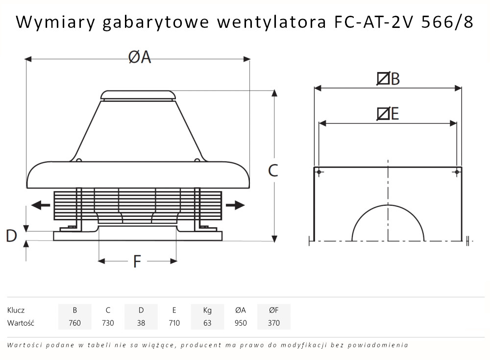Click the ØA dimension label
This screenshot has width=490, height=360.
pyautogui.click(x=140, y=58)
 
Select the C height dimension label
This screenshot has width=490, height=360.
pyautogui.click(x=273, y=170)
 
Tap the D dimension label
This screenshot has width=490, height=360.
pyautogui.click(x=11, y=236)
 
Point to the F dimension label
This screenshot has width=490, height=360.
pyautogui.click(x=137, y=262)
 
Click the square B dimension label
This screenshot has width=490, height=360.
pyautogui.click(x=388, y=79)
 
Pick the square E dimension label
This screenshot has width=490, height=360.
pyautogui.click(x=388, y=114)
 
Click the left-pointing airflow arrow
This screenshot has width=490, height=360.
pyautogui.click(x=40, y=205)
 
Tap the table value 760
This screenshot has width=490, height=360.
pyautogui.click(x=74, y=323)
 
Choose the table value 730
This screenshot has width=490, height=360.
pyautogui.click(x=108, y=323)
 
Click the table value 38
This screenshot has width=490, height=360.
pyautogui.click(x=141, y=323)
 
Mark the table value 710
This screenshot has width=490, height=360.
pyautogui.click(x=174, y=323)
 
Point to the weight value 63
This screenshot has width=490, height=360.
pyautogui.click(x=207, y=323)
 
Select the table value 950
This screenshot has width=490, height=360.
pyautogui.click(x=241, y=323)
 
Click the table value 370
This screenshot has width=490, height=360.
pyautogui.click(x=274, y=323)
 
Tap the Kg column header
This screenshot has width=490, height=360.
pyautogui.click(x=207, y=310)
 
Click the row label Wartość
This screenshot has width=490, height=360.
pyautogui.click(x=21, y=323)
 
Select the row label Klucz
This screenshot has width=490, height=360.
pyautogui.click(x=16, y=310)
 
